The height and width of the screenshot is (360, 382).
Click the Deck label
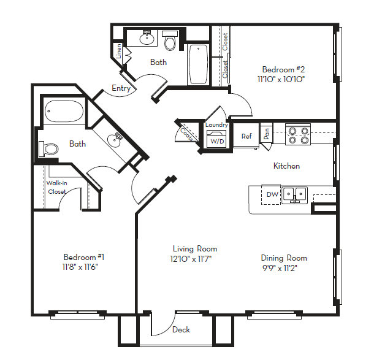(x=181, y=330)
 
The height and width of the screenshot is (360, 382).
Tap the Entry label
(x=121, y=88)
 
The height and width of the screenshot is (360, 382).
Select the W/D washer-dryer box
(x=218, y=140)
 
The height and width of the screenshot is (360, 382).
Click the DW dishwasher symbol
(x=272, y=194)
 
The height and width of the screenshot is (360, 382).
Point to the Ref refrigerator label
(x=246, y=136)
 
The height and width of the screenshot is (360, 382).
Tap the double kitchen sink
(x=294, y=194)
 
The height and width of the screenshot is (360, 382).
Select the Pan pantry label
(x=267, y=132)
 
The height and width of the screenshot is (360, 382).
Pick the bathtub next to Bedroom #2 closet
(x=198, y=64)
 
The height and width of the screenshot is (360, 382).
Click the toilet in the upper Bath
(x=170, y=42)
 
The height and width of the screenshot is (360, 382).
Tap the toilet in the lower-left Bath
(x=50, y=148)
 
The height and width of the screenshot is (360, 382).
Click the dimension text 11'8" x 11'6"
(x=81, y=267)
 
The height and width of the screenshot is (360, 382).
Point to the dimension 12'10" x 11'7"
(x=194, y=258)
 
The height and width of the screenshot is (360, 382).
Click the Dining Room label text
(x=284, y=258)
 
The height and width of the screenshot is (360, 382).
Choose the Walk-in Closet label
(x=58, y=187)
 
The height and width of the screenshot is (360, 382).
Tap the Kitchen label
(x=286, y=166)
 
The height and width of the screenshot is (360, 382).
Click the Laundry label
(x=217, y=125)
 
